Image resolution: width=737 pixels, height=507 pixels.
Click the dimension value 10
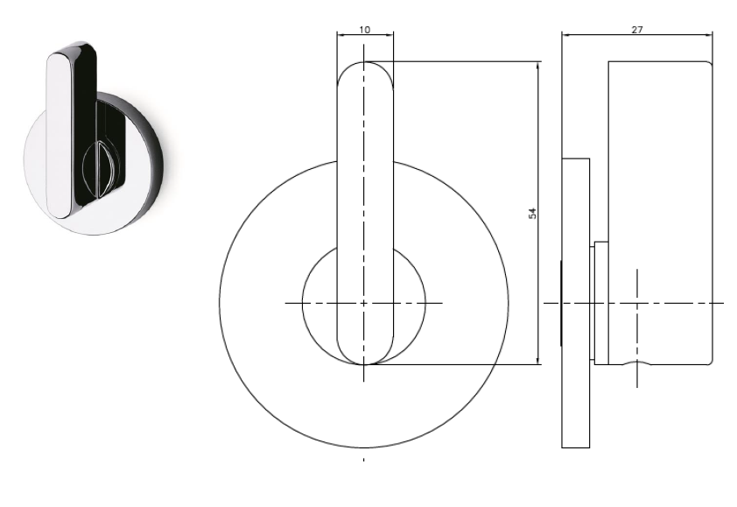point(365,29)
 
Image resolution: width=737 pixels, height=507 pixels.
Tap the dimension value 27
point(636,29)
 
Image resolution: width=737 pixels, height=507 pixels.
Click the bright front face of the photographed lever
point(59,131)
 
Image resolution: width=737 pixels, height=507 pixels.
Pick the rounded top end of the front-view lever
point(365,70)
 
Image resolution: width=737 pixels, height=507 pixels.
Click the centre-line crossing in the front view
point(364,303)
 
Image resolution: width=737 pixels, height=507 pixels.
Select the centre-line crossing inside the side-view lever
point(637,303)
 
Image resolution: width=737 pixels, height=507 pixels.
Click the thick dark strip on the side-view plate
point(561,303)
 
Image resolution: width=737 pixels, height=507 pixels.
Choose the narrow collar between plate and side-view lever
point(600,302)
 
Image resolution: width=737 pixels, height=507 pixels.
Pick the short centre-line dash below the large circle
point(364,459)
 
